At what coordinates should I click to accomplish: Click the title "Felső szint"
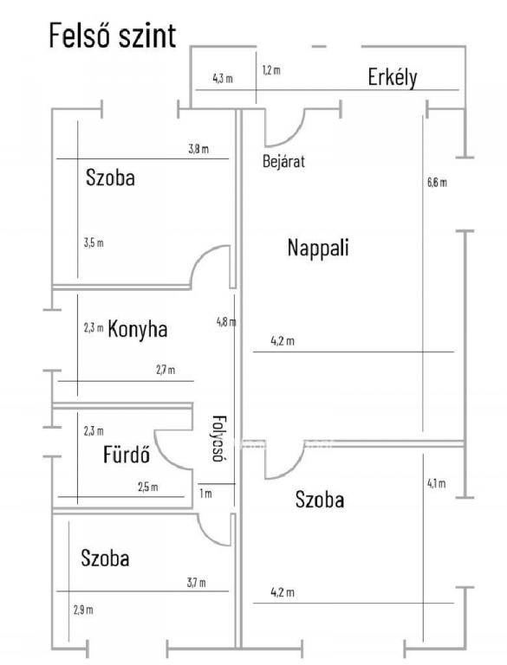[113, 36]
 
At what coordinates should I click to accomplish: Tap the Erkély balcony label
[393, 78]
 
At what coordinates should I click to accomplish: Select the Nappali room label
[318, 248]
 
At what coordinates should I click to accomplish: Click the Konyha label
[138, 329]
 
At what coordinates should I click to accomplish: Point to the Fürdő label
[127, 455]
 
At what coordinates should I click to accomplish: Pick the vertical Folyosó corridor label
[219, 438]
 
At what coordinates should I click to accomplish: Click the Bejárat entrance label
[283, 162]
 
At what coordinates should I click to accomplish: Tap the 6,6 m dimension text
[437, 183]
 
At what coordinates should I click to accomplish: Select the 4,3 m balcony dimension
[223, 79]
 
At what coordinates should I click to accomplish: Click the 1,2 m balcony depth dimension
[271, 70]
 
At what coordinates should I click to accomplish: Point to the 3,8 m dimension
[198, 149]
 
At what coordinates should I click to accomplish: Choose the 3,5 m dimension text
[94, 243]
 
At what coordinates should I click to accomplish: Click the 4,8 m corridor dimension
[226, 322]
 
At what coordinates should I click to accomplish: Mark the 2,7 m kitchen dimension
[166, 370]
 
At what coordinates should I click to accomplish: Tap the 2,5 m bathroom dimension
[148, 487]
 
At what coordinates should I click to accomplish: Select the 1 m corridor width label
[205, 494]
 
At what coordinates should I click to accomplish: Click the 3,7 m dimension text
[197, 583]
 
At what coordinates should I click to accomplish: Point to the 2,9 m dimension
[83, 610]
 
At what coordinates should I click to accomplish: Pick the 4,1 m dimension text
[437, 483]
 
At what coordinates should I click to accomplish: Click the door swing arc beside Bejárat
[294, 136]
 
